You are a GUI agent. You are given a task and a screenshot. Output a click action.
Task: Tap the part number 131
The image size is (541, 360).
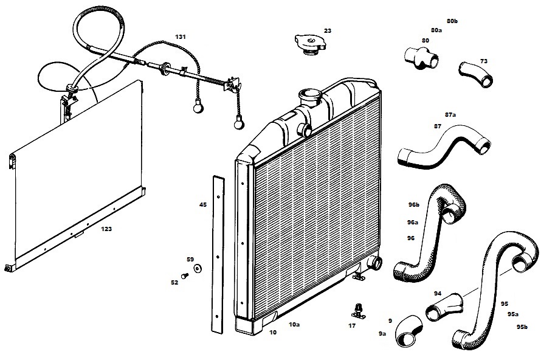click(181, 36)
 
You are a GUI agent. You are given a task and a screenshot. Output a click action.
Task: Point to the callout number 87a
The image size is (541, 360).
click(450, 114)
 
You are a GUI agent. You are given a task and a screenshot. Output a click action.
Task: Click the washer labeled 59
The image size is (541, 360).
click(198, 268)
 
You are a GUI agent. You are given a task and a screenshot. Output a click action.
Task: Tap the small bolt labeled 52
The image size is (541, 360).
click(185, 276)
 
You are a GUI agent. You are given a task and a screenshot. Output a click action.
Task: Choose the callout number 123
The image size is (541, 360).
click(106, 229)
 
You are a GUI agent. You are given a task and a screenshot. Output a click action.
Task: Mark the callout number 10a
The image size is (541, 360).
click(294, 325)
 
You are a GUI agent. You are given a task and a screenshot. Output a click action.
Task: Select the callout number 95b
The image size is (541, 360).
click(522, 327)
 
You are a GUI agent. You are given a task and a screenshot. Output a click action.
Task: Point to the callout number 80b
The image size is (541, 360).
click(452, 21)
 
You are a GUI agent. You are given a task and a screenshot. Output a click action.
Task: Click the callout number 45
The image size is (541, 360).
click(202, 205)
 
